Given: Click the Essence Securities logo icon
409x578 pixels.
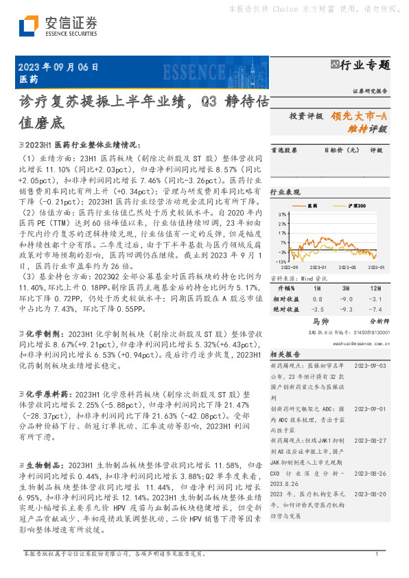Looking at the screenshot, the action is click(x=28, y=26).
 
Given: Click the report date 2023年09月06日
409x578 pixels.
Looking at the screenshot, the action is click(x=59, y=67).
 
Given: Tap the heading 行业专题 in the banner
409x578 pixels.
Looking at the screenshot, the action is click(x=365, y=65).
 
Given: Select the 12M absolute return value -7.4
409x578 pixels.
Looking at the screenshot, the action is click(x=377, y=310).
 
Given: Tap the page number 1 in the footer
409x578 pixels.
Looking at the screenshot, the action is click(x=377, y=554).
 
